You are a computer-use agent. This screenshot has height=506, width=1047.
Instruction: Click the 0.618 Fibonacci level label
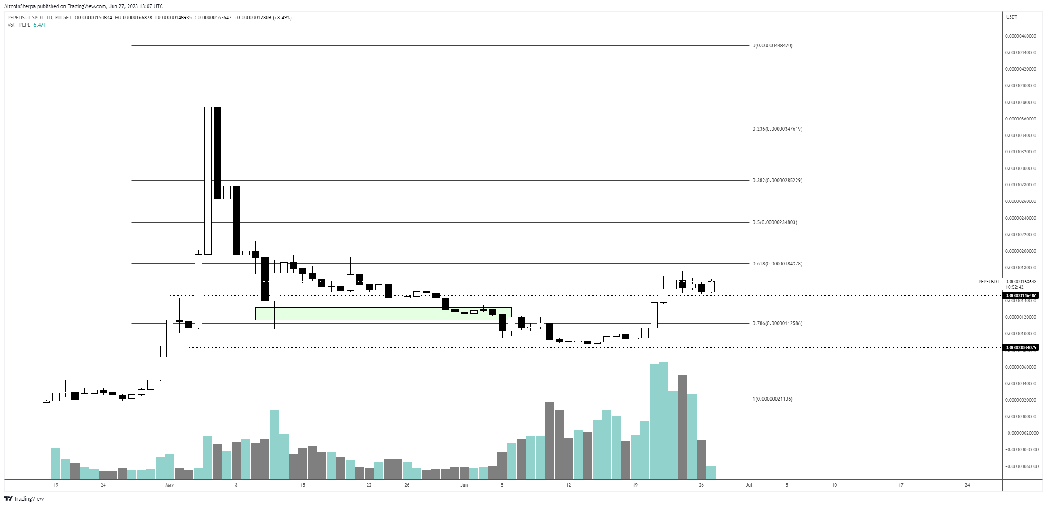coord(777,264)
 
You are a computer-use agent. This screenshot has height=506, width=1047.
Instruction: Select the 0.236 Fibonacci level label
coord(777,129)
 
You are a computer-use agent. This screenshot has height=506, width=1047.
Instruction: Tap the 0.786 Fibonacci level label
coord(777,323)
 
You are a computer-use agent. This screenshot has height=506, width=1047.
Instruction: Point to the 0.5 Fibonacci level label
coord(775,222)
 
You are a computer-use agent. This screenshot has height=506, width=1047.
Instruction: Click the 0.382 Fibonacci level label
coord(777,181)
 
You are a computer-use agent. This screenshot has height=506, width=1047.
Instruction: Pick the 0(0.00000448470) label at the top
coord(772,46)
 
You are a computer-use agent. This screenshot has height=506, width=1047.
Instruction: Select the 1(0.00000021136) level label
coord(772,399)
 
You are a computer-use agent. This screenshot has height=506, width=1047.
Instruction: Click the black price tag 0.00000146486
coord(1021,295)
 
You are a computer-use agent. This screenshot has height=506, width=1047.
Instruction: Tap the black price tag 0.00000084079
coord(1021,347)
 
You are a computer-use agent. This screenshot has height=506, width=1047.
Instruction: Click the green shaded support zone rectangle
coord(383,313)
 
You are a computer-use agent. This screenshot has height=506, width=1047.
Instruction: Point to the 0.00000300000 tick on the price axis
coord(1020,168)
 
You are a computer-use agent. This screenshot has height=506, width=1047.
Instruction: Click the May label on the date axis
coord(170,485)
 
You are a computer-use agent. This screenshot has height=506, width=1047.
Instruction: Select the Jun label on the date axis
coord(464,485)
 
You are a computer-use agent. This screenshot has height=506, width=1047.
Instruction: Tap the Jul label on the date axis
coord(749,485)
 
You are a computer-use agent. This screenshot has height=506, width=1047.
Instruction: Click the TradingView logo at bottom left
coord(24,498)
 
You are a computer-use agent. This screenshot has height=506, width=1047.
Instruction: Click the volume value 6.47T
coord(40,25)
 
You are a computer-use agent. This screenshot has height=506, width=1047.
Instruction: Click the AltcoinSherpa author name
coord(20,6)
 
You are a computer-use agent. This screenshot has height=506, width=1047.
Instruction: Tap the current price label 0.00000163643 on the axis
coord(1021,282)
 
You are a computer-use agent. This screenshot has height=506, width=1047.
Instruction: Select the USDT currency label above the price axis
coord(1011,17)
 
